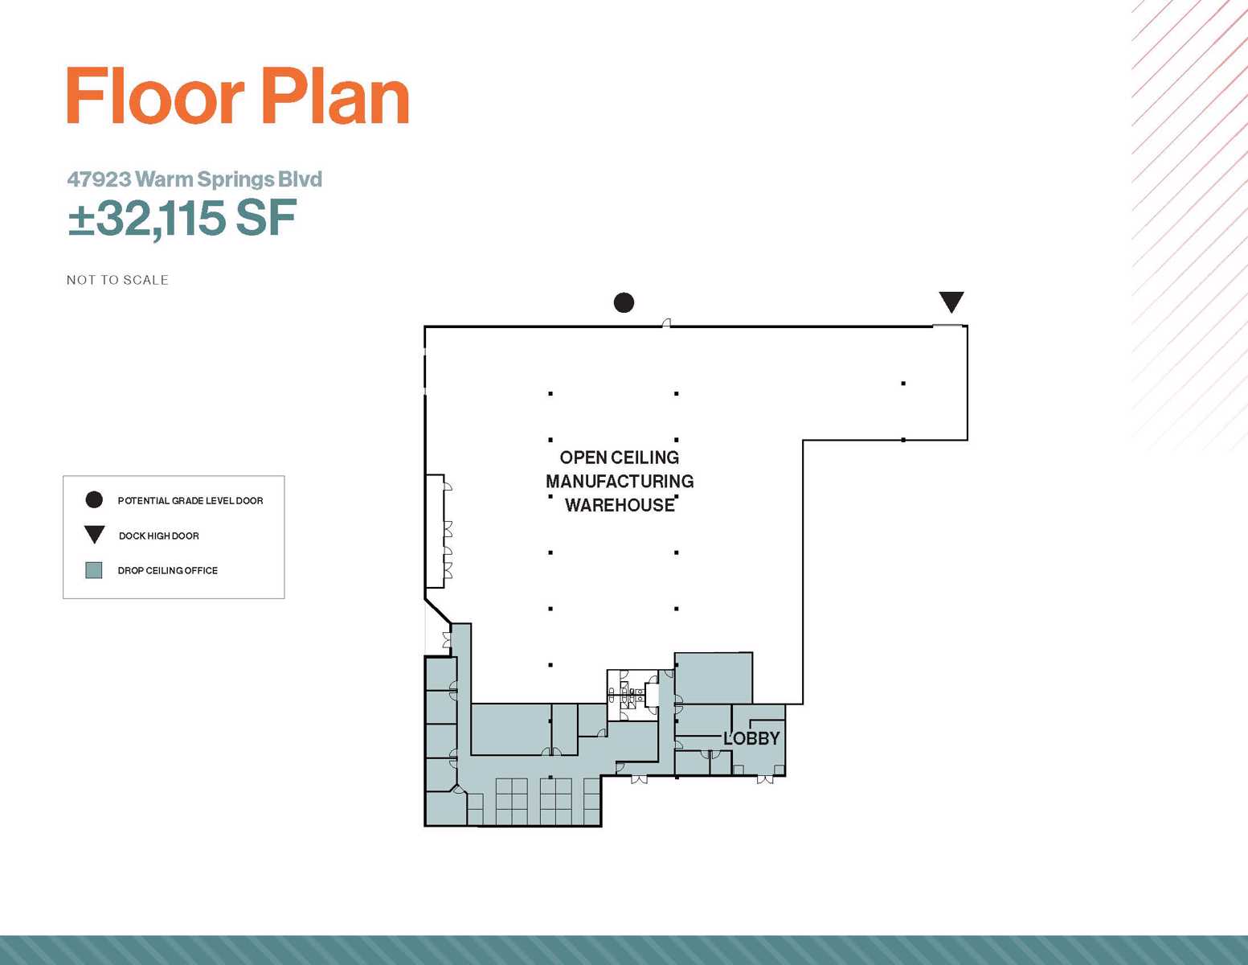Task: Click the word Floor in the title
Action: point(156,96)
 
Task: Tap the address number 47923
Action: point(100,179)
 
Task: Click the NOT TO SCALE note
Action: point(118,280)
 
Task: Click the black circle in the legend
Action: point(94,500)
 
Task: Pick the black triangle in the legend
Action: point(94,535)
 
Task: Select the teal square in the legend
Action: point(93,570)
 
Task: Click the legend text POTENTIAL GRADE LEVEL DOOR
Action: point(190,501)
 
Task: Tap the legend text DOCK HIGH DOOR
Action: point(158,536)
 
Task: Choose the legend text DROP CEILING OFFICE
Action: point(168,570)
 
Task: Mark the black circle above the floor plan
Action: point(624,302)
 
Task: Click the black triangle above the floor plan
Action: point(951,302)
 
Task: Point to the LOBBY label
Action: point(751,738)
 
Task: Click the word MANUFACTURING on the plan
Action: point(620,481)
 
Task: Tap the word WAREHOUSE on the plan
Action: point(620,505)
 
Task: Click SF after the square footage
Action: point(266,218)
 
